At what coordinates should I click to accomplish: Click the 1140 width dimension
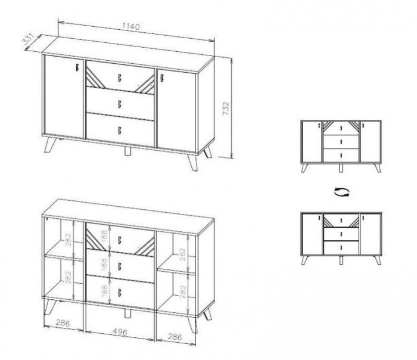click(131, 26)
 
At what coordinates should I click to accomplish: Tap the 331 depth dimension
click(28, 40)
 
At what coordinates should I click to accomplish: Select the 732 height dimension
click(226, 108)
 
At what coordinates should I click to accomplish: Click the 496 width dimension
click(120, 331)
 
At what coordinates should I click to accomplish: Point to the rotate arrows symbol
click(342, 192)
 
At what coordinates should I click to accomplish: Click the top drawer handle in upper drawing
click(120, 77)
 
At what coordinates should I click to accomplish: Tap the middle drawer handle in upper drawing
click(120, 104)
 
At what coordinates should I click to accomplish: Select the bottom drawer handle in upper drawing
click(120, 130)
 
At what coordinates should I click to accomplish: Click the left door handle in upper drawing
click(77, 67)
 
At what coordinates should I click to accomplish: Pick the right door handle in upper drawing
click(161, 78)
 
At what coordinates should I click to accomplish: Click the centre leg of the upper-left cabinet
click(127, 151)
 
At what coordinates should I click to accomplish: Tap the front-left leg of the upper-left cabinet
click(50, 145)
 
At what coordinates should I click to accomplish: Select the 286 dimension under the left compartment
click(63, 323)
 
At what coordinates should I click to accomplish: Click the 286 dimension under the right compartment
click(175, 337)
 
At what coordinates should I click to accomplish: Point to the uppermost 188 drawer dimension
click(104, 236)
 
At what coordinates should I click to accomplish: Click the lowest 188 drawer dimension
click(104, 290)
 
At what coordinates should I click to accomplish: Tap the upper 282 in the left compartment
click(69, 240)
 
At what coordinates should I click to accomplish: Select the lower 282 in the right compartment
click(182, 291)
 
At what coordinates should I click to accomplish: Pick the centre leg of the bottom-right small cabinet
click(341, 260)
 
